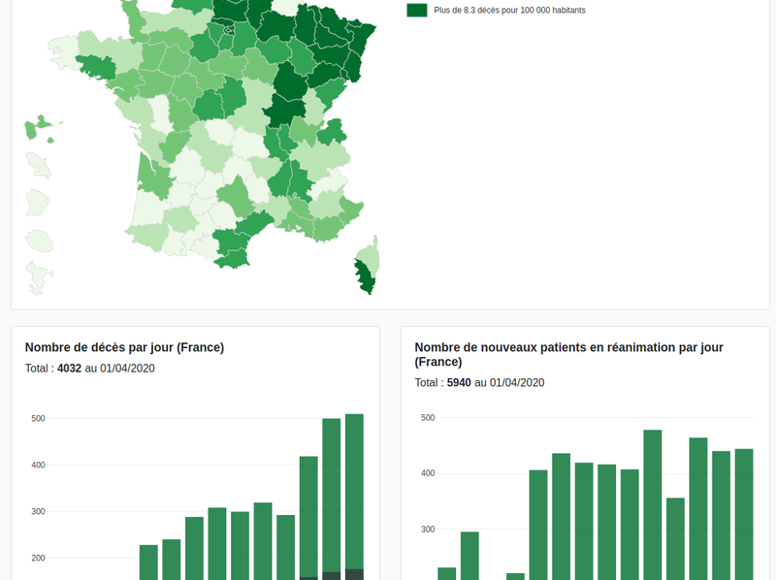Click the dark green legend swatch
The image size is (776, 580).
click(x=417, y=10)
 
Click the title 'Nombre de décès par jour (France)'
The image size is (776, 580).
click(x=124, y=347)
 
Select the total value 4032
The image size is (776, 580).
click(x=70, y=369)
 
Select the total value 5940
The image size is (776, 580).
click(x=459, y=383)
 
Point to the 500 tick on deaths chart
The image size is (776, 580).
click(x=39, y=419)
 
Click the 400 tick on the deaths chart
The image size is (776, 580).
click(x=39, y=466)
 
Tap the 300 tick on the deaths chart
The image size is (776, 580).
click(x=39, y=511)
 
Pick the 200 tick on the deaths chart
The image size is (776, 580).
click(x=39, y=558)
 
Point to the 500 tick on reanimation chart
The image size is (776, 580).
click(x=428, y=418)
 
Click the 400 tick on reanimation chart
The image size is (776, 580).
click(x=428, y=474)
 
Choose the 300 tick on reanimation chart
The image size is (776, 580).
click(x=428, y=530)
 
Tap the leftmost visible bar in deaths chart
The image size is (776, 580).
click(x=148, y=563)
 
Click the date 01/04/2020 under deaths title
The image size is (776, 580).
click(x=128, y=369)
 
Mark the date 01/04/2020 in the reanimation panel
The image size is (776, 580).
click(x=517, y=383)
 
